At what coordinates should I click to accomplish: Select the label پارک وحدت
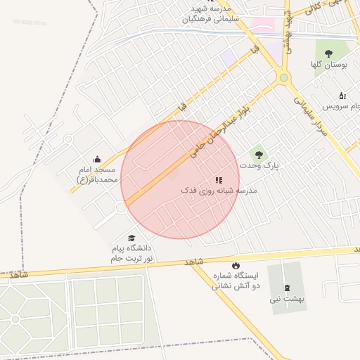259,165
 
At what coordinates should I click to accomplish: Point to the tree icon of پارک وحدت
259,152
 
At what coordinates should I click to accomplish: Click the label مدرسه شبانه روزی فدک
219,191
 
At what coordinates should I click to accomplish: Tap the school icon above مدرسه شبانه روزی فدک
219,179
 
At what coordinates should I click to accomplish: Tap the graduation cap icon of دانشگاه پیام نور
131,238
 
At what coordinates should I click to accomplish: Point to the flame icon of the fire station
236,264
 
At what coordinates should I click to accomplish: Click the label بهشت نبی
287,299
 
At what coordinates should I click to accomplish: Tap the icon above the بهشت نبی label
287,287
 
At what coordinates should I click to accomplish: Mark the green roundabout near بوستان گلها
283,77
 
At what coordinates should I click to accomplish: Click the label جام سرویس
341,106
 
